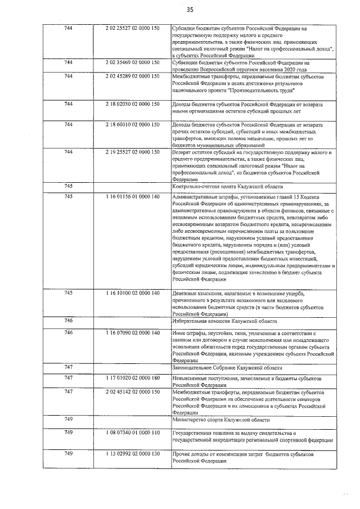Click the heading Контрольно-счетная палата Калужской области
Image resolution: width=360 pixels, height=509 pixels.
(x=227, y=186)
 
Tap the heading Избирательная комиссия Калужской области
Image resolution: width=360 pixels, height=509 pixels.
(x=224, y=321)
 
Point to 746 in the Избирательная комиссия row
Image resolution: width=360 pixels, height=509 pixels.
(x=69, y=321)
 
